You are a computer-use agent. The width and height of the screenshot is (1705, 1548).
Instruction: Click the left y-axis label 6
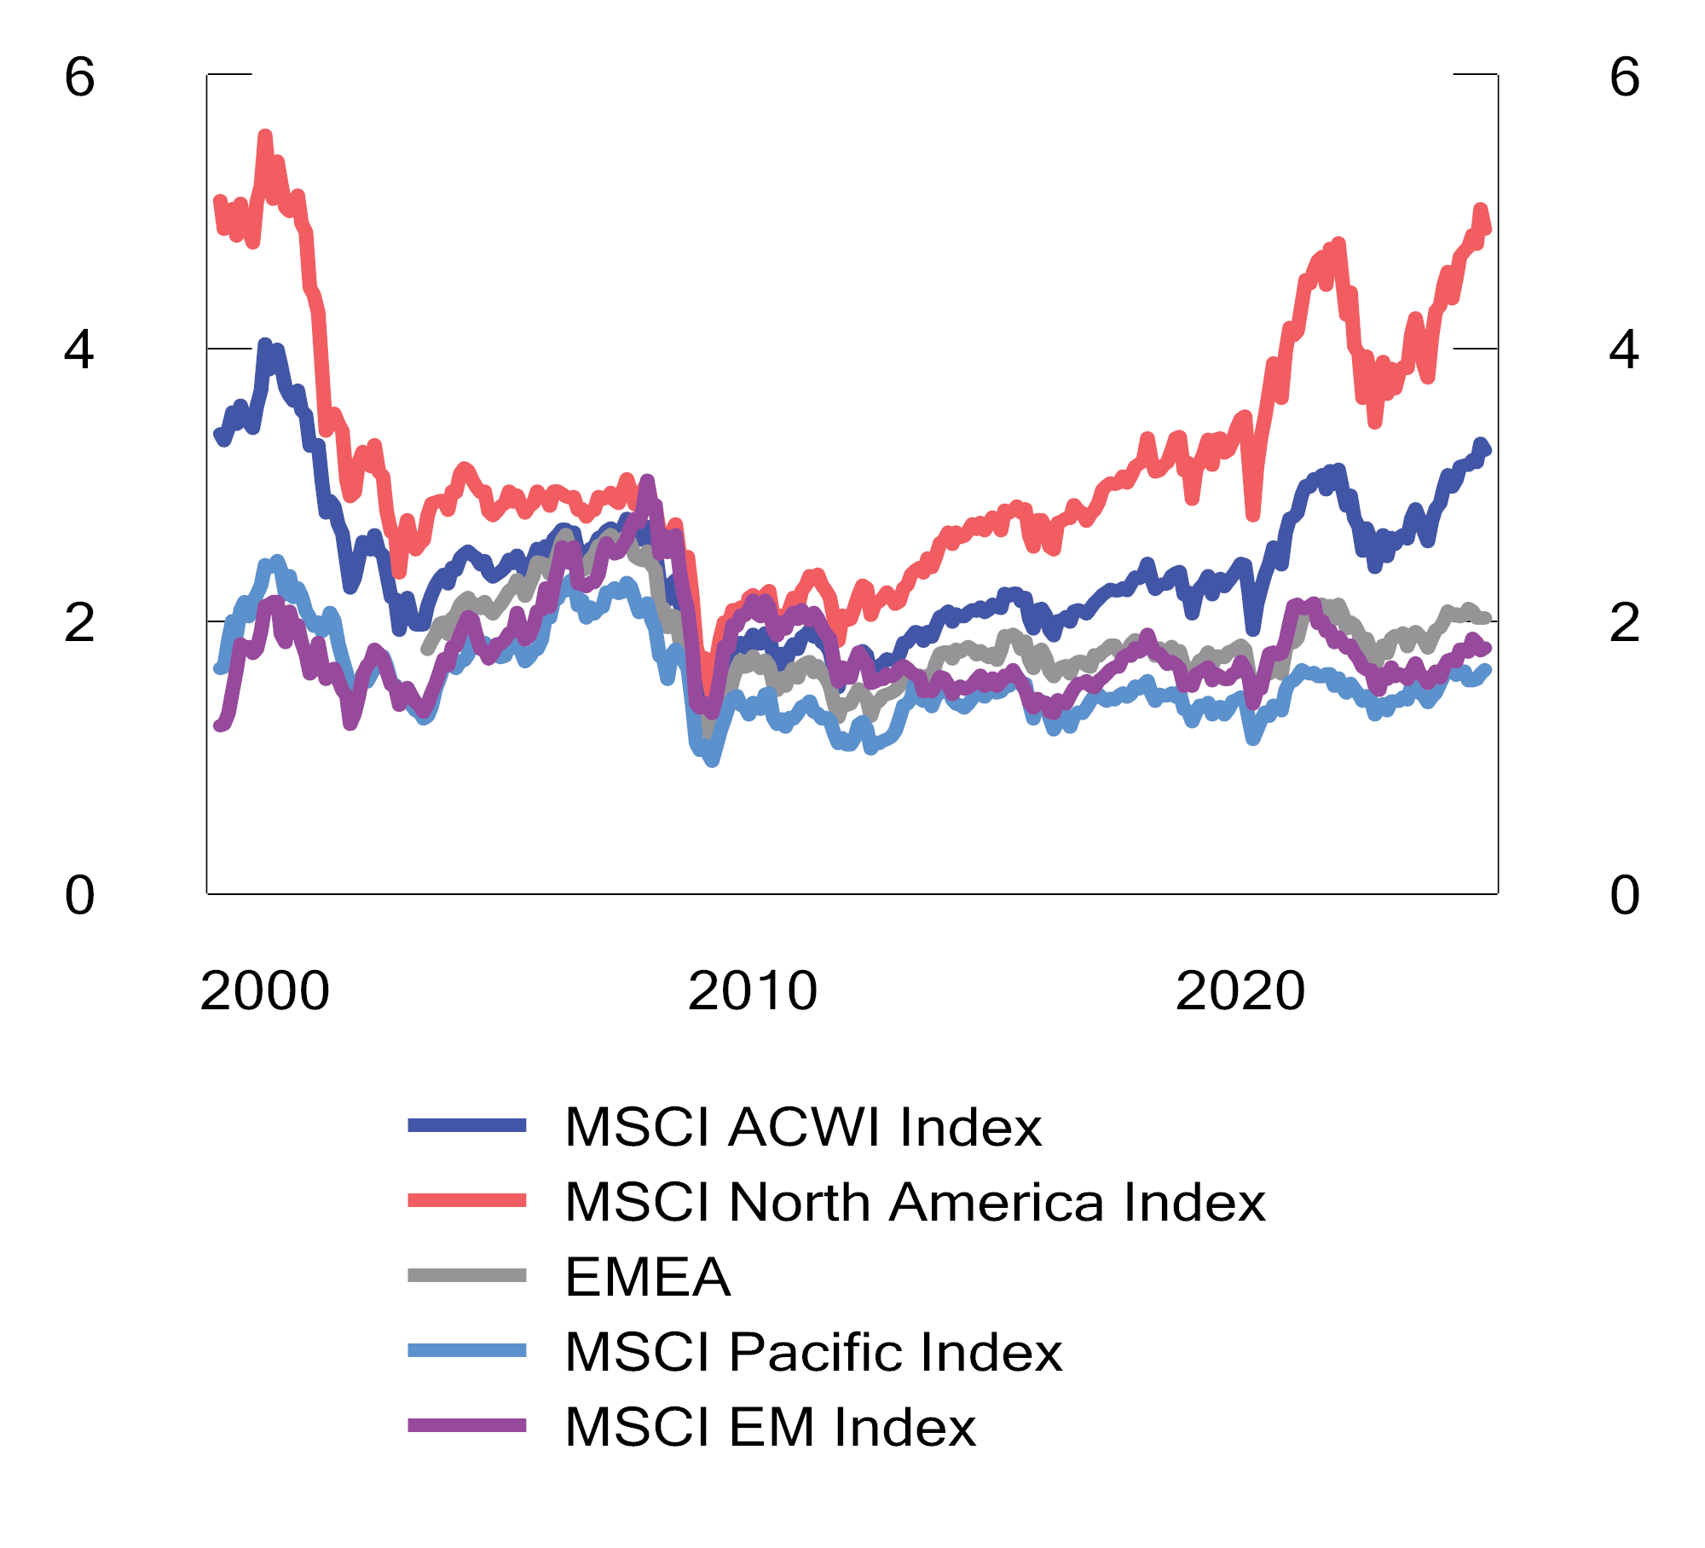79,78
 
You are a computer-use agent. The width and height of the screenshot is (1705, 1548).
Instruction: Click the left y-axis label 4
79,350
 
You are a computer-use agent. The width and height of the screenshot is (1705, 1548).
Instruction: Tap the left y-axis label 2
79,624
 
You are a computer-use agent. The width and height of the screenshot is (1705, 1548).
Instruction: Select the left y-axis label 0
79,896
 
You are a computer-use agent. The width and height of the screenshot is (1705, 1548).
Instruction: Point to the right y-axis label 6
1624,78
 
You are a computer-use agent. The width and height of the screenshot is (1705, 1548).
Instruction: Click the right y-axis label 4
1624,350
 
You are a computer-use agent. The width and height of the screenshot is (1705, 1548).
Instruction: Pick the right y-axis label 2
1624,624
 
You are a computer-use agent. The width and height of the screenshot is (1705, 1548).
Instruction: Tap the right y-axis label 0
1624,896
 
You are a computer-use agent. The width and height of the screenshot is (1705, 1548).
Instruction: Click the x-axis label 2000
264,991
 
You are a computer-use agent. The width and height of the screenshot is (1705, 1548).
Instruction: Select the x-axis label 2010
752,991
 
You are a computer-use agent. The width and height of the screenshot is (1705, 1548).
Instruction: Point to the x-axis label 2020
1240,991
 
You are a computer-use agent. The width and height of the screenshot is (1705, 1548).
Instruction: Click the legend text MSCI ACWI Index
802,1128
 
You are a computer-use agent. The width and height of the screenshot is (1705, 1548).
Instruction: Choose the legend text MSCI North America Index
915,1203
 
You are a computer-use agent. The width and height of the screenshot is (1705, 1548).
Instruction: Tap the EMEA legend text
647,1278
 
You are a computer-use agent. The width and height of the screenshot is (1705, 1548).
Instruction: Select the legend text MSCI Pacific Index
812,1353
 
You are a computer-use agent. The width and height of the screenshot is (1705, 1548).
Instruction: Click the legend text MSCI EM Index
770,1428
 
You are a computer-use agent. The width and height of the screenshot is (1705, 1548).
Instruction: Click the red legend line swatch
466,1201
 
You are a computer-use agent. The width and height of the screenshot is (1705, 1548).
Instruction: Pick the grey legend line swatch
466,1276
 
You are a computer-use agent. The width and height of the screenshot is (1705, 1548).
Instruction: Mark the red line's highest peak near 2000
265,136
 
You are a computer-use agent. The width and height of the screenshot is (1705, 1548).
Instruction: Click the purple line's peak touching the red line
647,482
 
